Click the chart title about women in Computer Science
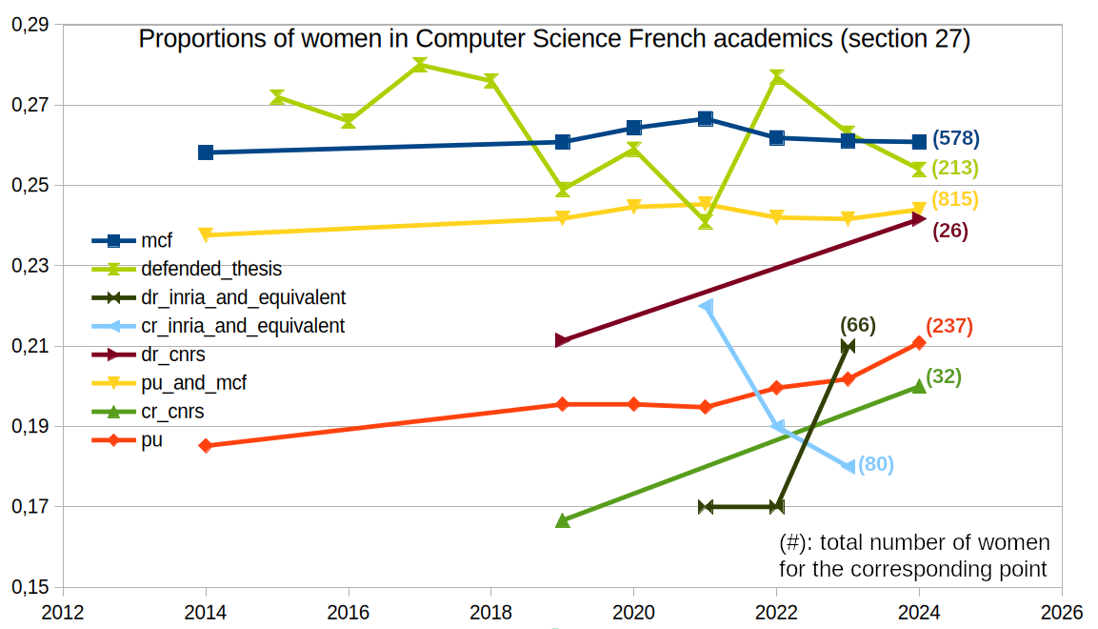tap(554, 39)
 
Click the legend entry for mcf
tap(156, 241)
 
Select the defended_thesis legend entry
tap(210, 269)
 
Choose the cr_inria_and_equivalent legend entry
tap(242, 326)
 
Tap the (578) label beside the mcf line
tap(955, 138)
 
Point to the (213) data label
tap(955, 169)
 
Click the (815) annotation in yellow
tap(955, 200)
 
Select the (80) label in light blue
tap(875, 465)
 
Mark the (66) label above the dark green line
tap(858, 325)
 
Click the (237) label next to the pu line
tap(949, 326)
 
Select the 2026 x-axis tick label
tap(1062, 612)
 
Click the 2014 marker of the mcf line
tap(206, 152)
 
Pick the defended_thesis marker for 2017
tap(420, 65)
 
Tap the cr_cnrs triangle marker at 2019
tap(563, 520)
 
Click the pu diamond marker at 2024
tap(919, 343)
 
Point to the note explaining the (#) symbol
tap(913, 556)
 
